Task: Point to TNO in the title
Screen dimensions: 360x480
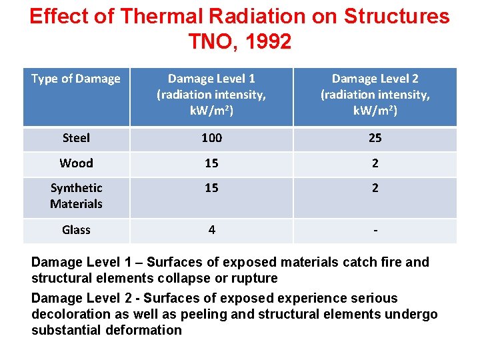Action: (209, 42)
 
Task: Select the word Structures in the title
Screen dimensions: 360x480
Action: (397, 17)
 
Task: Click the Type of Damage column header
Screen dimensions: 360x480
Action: (76, 79)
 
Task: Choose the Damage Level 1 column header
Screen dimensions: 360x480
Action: (211, 95)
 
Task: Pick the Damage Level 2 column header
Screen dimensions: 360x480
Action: (375, 95)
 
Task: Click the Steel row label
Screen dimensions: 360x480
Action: (76, 138)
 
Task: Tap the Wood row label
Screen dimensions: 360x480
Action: (76, 163)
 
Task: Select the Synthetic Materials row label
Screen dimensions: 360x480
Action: (76, 196)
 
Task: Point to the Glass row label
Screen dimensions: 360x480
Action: (76, 230)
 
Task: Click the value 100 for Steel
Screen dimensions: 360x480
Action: (211, 138)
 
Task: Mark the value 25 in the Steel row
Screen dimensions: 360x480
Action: (375, 138)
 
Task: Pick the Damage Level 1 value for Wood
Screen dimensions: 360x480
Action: (211, 163)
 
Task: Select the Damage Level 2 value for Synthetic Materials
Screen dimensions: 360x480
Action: (375, 189)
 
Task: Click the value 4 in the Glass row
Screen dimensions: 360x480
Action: (211, 230)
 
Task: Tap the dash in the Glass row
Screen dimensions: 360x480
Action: (375, 231)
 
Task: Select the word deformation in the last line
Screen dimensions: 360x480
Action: (143, 330)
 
